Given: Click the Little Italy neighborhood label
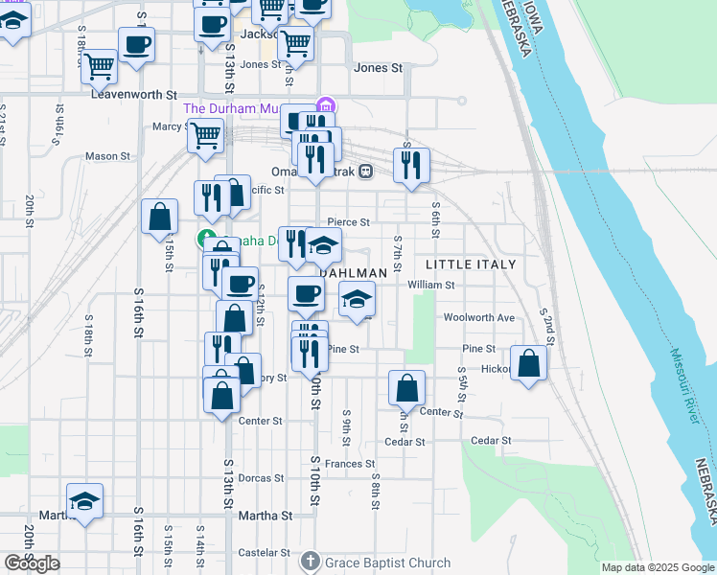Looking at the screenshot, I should [x=470, y=264].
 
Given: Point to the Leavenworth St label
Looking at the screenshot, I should [x=135, y=95].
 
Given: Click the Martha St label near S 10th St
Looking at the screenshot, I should [x=266, y=516].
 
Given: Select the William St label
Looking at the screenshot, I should [x=430, y=285].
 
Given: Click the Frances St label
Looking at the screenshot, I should [x=349, y=464].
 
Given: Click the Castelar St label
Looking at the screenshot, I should [x=264, y=553].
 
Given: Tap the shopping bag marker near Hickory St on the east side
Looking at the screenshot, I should [x=528, y=364].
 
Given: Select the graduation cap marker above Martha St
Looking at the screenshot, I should [x=84, y=501].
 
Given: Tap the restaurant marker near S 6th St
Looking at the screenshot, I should [x=411, y=165].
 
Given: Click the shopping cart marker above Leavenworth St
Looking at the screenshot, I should [x=99, y=66].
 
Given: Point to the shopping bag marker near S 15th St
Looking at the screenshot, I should [x=159, y=217].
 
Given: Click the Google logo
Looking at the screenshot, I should [x=32, y=563].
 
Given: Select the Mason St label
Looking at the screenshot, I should [x=107, y=156].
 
